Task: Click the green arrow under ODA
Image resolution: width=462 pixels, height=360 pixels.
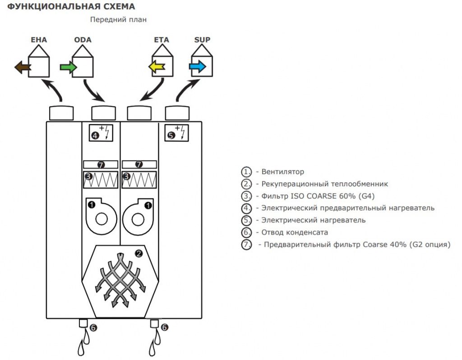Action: click(68, 68)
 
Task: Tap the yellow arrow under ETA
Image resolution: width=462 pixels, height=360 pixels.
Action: click(157, 68)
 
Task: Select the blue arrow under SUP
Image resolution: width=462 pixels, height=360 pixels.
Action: click(198, 67)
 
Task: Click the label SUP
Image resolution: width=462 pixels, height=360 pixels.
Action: click(202, 40)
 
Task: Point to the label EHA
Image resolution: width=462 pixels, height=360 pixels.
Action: click(39, 40)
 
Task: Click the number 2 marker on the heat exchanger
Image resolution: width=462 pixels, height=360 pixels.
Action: click(139, 254)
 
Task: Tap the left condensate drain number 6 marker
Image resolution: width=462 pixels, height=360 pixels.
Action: click(93, 328)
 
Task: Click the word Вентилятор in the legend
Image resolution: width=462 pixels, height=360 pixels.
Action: click(282, 172)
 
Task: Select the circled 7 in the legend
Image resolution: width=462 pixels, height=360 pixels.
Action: click(246, 245)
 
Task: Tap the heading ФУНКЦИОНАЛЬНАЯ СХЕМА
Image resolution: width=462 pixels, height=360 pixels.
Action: click(71, 7)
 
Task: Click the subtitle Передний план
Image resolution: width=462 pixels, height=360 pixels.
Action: click(118, 19)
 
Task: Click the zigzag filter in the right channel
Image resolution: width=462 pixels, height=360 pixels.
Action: click(140, 180)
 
